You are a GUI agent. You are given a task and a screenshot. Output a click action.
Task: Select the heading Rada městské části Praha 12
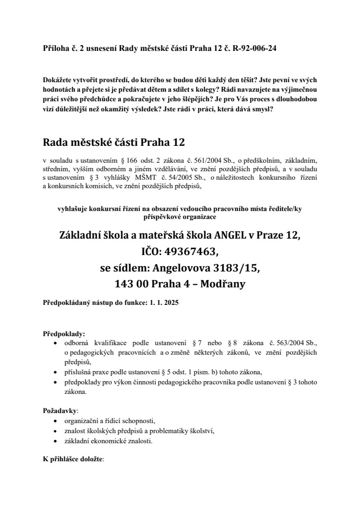[114, 143]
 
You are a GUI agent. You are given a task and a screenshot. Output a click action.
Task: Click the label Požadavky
[60, 410]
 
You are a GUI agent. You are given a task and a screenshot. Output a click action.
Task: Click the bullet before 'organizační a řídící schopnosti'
[56, 422]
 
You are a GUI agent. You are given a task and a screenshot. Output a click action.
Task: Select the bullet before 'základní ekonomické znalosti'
[56, 441]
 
